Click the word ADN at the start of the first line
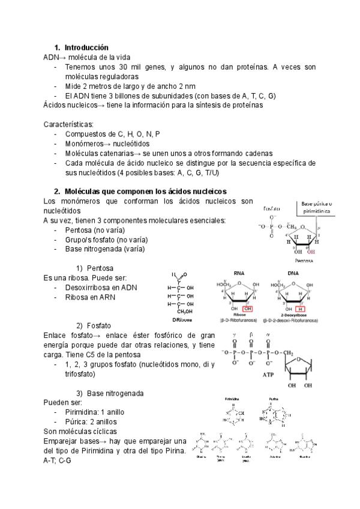[x=51, y=57]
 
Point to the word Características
[x=69, y=124]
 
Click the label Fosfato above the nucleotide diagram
[x=274, y=209]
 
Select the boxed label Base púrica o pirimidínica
[x=316, y=208]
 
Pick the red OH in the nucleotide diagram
[x=310, y=252]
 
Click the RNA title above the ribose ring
[x=239, y=273]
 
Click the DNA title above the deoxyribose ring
[x=293, y=273]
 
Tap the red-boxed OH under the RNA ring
[x=248, y=309]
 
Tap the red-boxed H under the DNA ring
[x=301, y=309]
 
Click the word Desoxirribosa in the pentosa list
[x=88, y=288]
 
